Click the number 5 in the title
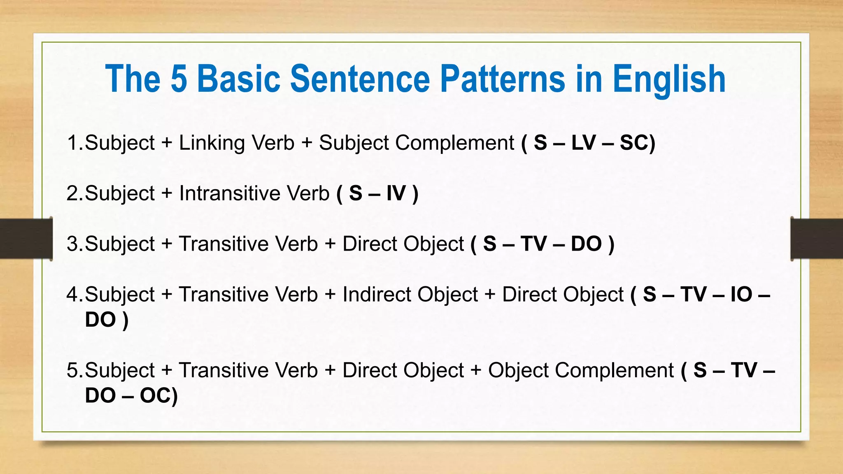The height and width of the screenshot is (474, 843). [179, 79]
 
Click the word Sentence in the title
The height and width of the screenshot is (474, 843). [360, 79]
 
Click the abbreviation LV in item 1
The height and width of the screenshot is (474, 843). [583, 143]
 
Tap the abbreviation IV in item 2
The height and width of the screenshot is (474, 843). [396, 193]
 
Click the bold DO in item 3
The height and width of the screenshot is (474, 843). [586, 244]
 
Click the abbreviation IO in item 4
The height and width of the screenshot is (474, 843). [741, 295]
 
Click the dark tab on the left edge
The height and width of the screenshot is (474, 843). [26, 239]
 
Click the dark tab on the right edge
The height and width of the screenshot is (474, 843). [817, 239]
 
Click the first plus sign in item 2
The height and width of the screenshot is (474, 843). [167, 193]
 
